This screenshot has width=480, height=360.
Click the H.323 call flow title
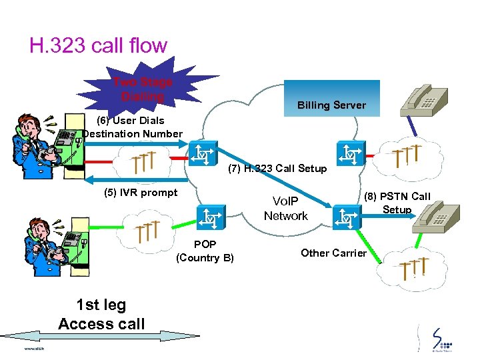(98, 45)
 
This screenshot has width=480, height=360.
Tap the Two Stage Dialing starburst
(143, 90)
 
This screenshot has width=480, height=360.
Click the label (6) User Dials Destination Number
(133, 127)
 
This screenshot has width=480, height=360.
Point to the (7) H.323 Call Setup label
(277, 169)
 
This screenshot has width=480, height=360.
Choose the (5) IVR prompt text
(141, 193)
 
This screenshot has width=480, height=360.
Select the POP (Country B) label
(205, 251)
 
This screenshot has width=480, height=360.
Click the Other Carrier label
(333, 253)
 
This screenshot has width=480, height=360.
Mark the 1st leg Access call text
(101, 315)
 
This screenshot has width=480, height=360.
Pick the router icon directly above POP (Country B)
(209, 216)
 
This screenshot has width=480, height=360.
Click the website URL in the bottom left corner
(33, 348)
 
